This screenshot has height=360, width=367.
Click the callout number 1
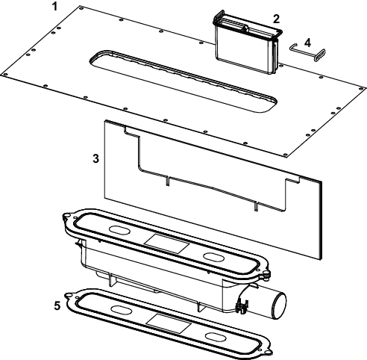(x=55, y=7)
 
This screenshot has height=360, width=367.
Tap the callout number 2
(x=276, y=19)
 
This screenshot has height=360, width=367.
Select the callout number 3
(x=96, y=158)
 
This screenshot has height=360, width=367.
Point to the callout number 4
(x=307, y=43)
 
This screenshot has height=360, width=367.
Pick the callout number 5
(x=57, y=305)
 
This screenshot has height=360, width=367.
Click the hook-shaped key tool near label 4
(x=307, y=52)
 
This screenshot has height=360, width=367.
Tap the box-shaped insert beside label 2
(x=247, y=43)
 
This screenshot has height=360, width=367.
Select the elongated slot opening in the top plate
(x=183, y=81)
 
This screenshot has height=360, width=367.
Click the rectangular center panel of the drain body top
(x=167, y=243)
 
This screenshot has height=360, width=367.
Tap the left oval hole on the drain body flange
(x=120, y=230)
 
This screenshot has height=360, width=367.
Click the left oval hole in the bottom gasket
(x=121, y=309)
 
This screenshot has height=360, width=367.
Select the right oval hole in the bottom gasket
(x=216, y=337)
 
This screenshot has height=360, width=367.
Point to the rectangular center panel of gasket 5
(x=169, y=323)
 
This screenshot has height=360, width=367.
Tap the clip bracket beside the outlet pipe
(x=241, y=306)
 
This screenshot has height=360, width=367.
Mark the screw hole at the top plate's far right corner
(x=361, y=88)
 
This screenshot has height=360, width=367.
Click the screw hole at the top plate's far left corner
(x=5, y=75)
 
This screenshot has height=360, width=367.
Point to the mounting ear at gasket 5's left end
(x=69, y=296)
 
